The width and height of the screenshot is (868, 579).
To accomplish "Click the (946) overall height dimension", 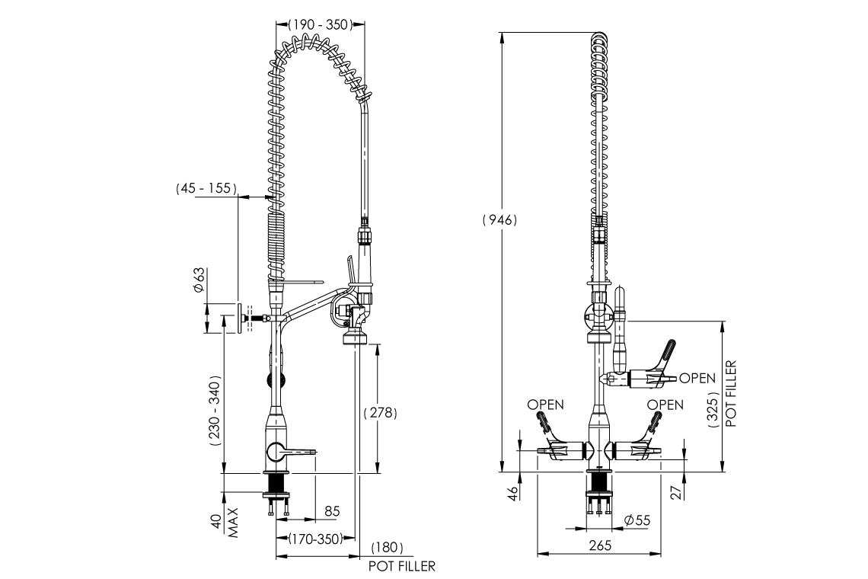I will [499, 220].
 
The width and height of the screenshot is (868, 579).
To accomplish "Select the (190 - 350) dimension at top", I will [315, 24].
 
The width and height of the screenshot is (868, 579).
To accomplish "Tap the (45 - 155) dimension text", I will [206, 187].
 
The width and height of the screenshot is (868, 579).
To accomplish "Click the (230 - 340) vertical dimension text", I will [215, 410].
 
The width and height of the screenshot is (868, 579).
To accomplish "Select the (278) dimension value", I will [381, 412].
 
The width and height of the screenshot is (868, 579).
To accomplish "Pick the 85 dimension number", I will [332, 510].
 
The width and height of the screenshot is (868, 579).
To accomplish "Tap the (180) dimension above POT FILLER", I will [388, 549].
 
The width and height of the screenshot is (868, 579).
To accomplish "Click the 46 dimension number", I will [512, 493].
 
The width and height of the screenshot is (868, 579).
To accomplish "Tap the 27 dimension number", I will [675, 493].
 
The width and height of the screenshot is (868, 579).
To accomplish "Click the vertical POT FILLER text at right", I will [730, 395].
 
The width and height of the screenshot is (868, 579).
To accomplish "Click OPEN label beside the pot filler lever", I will [697, 378].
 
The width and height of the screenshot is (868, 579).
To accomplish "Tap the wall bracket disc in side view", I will [241, 318].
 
